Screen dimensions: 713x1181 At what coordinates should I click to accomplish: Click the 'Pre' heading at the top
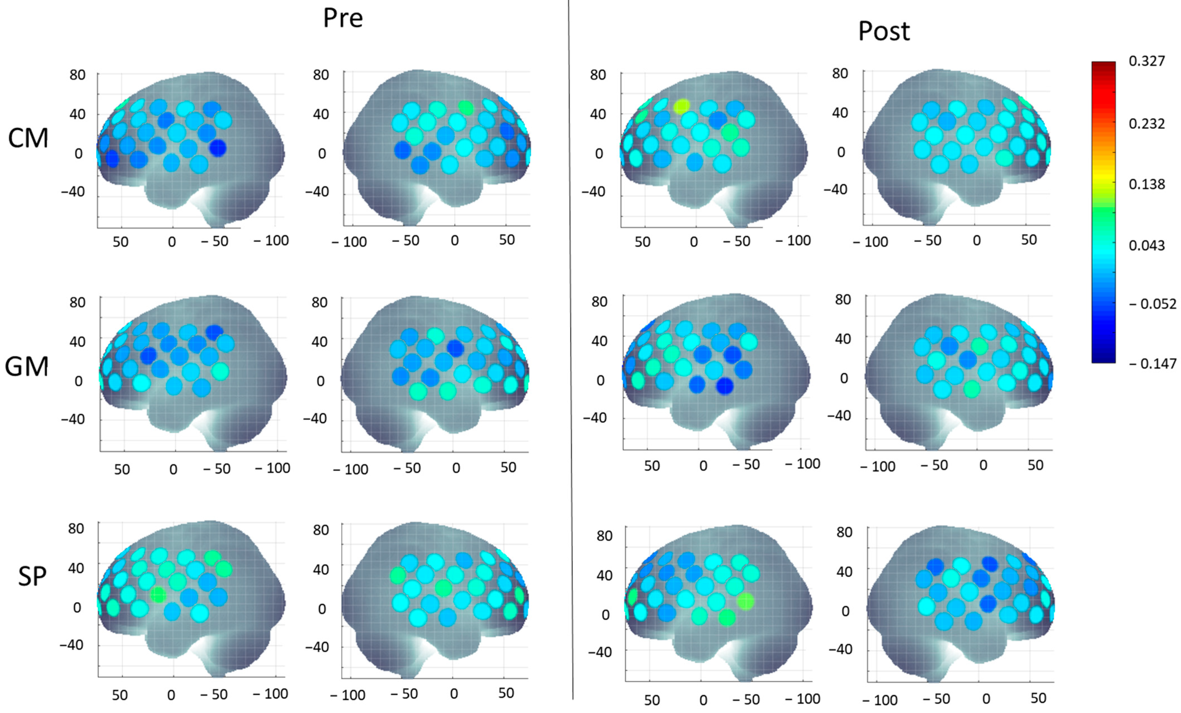click(x=343, y=18)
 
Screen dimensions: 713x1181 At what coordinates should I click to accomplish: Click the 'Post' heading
click(x=883, y=32)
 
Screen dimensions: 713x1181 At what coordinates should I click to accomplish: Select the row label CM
click(x=28, y=139)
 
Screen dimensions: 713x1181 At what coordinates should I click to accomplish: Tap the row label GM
click(x=26, y=367)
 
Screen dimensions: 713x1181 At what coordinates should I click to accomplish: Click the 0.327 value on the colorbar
click(x=1147, y=61)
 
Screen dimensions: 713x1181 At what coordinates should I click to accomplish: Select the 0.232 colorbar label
click(x=1147, y=124)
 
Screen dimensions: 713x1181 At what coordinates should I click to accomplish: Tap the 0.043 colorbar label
click(x=1147, y=245)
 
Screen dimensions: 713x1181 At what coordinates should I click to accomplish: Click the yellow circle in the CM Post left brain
click(x=681, y=106)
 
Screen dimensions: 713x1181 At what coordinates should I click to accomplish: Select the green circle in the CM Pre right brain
click(x=465, y=107)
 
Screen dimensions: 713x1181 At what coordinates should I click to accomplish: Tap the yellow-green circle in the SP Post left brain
click(x=745, y=601)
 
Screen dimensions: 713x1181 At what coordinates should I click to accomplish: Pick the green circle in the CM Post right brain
click(x=1004, y=157)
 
